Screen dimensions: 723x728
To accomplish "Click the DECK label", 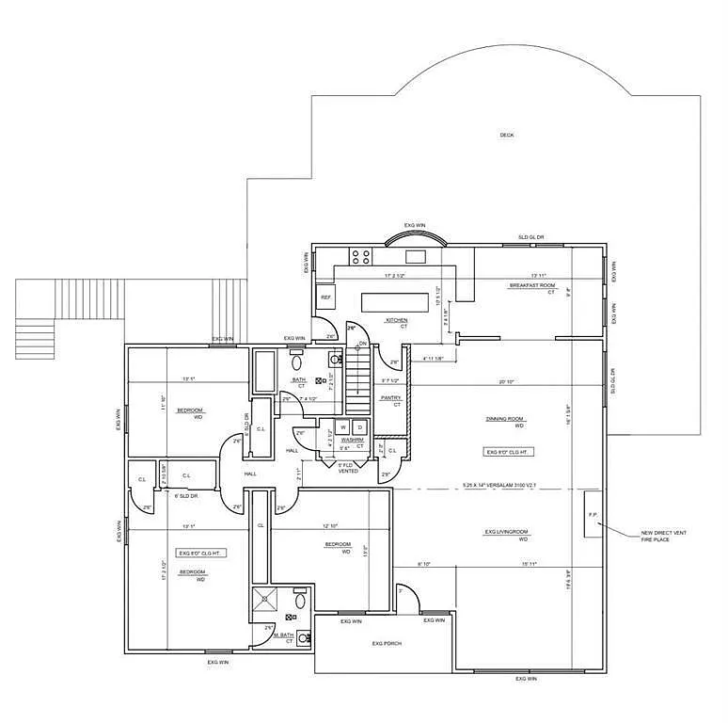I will (507, 136).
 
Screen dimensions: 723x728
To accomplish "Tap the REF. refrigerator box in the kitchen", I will (326, 297).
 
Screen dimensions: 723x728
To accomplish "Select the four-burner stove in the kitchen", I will (361, 255).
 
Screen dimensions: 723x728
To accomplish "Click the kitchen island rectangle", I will (394, 301).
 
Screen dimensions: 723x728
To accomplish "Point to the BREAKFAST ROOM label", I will (532, 285).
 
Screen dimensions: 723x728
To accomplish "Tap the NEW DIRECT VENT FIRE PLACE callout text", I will (663, 536).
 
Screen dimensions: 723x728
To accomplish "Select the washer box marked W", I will (343, 428).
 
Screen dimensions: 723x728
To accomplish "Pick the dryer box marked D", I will (360, 428).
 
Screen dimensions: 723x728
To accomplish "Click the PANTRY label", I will (391, 398).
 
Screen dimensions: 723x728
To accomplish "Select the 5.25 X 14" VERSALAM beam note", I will (499, 486).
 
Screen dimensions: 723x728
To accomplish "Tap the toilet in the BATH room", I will (297, 361).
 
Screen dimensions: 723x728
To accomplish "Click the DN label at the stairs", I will (361, 345).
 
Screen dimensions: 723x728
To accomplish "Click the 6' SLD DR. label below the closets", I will (184, 494).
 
